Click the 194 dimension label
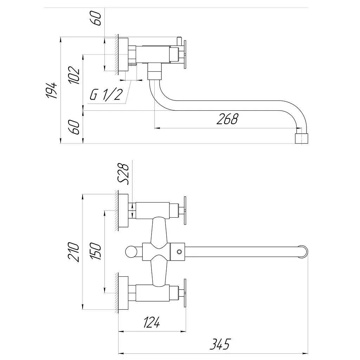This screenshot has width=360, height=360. (52, 90)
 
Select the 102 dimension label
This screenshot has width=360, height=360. (74, 75)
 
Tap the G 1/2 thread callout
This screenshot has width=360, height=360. (106, 94)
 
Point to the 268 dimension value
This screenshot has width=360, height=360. (227, 119)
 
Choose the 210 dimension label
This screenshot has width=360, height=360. (74, 252)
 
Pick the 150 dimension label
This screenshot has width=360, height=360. (96, 251)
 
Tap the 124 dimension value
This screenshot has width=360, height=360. (152, 322)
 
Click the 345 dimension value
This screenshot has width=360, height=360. (220, 344)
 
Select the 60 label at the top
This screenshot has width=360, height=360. (96, 18)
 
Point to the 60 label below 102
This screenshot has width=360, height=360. (74, 127)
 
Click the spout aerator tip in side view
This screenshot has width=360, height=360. (301, 139)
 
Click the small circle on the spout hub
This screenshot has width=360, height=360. (179, 252)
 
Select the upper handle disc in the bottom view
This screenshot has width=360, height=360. (185, 210)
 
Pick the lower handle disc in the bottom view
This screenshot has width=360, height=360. (185, 293)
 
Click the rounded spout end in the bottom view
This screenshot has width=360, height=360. (303, 252)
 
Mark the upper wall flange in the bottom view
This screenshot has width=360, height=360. (123, 211)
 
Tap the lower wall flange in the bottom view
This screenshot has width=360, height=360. (123, 293)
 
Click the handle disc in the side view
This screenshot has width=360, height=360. (185, 54)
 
